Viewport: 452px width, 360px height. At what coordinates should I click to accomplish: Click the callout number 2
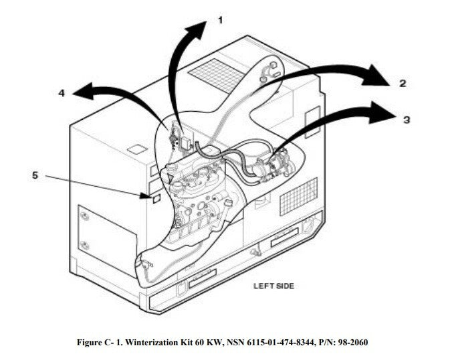coord(403,83)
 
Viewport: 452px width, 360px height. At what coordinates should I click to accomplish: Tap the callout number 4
coord(62,94)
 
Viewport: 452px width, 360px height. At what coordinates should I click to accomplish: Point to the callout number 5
coord(35,175)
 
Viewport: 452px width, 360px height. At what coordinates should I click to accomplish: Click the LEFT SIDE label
coord(273,286)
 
